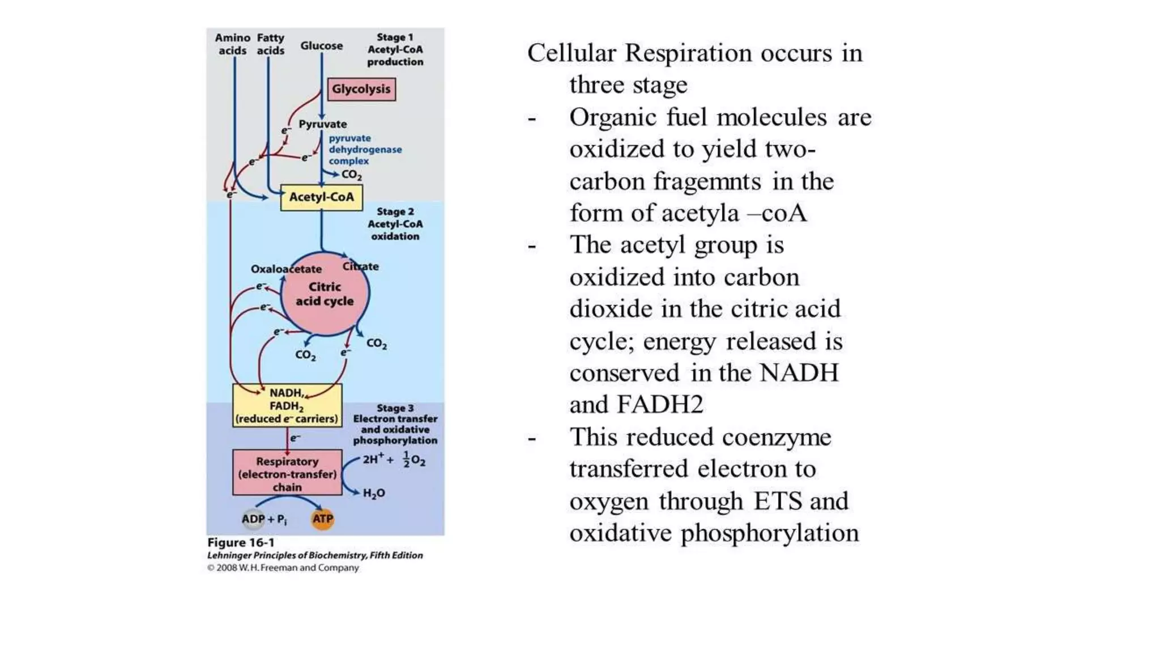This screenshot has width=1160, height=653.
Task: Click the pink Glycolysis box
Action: pos(361,90)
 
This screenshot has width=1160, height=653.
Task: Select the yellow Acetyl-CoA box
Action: pos(321,197)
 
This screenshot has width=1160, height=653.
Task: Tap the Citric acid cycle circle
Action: pos(325,294)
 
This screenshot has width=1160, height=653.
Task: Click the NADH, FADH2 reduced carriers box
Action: pos(287,406)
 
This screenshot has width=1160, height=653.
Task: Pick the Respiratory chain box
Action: pos(287,473)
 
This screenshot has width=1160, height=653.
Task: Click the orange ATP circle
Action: pos(323,519)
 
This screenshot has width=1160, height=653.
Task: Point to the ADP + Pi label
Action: pos(264,519)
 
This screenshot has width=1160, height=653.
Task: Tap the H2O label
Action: pos(374,493)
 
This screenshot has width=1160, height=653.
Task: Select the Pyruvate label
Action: pos(323,124)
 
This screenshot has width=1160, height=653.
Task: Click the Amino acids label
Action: pos(232,44)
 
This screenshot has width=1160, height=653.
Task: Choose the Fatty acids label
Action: pos(270,44)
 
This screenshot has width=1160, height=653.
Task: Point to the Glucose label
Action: pos(321,46)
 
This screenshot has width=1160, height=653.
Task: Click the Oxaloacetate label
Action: pos(286,269)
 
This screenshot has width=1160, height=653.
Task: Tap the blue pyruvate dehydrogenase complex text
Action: pos(365,150)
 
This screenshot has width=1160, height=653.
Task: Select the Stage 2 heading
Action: pos(395,212)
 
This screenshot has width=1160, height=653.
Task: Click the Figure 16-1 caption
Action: pos(241,542)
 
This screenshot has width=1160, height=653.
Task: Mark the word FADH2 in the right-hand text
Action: pos(660,405)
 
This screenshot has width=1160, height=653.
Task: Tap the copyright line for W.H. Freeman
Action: pos(283,568)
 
